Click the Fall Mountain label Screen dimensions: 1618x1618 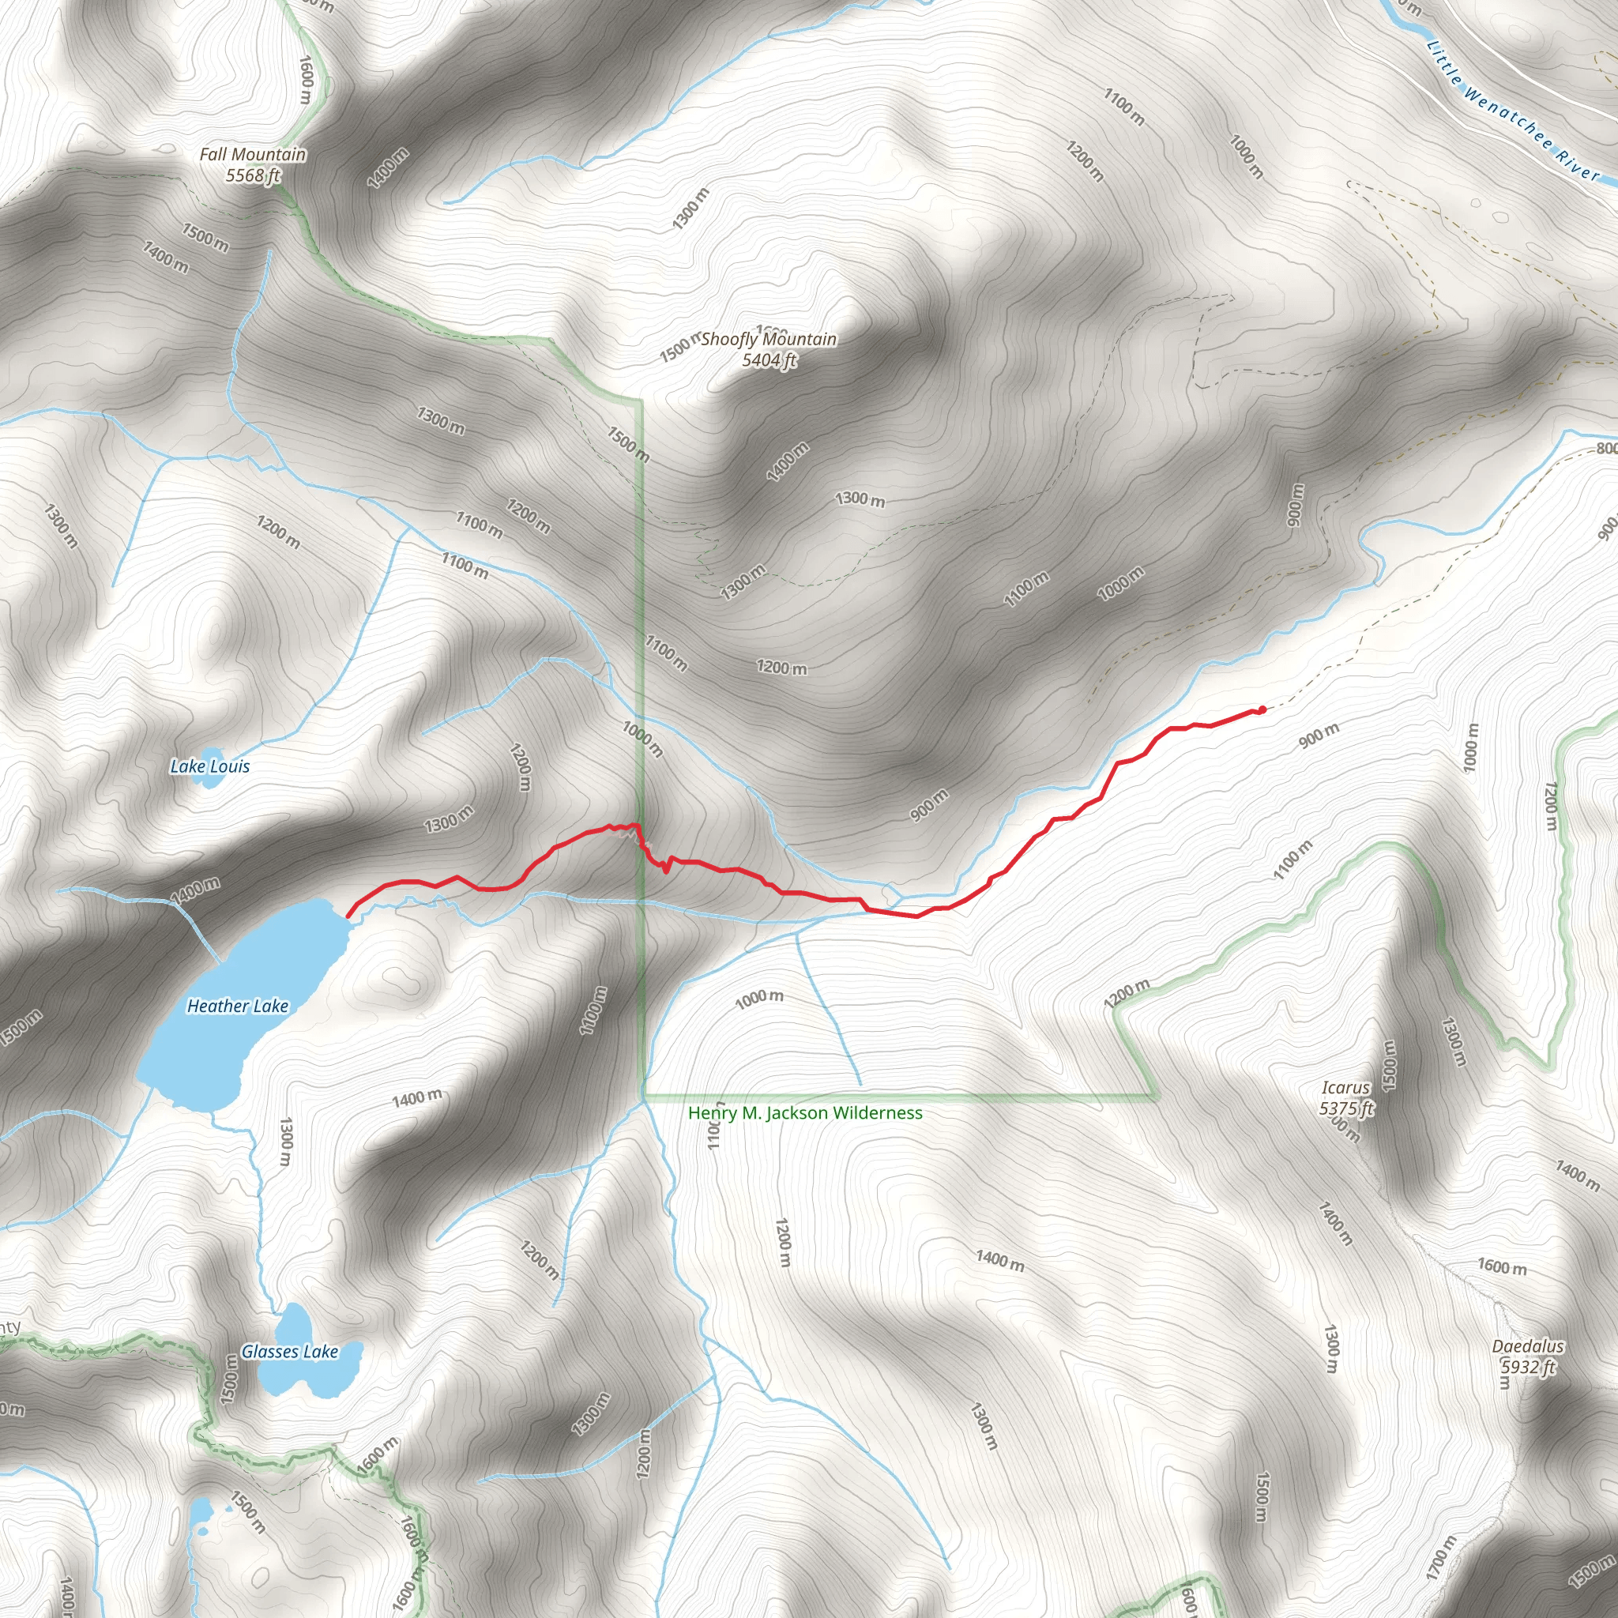tap(252, 155)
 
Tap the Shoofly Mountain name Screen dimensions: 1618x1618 tap(768, 339)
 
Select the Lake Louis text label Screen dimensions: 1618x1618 tap(209, 766)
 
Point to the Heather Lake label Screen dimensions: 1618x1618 tap(237, 1006)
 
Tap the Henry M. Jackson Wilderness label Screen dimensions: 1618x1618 tap(805, 1113)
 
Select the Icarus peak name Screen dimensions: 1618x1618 tap(1345, 1088)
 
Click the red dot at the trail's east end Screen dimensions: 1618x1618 tap(1262, 710)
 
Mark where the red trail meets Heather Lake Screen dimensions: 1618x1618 tap(348, 916)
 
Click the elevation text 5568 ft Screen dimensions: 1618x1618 tap(252, 176)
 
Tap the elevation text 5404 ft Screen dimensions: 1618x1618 tap(768, 360)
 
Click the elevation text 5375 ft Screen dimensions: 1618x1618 tap(1345, 1108)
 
